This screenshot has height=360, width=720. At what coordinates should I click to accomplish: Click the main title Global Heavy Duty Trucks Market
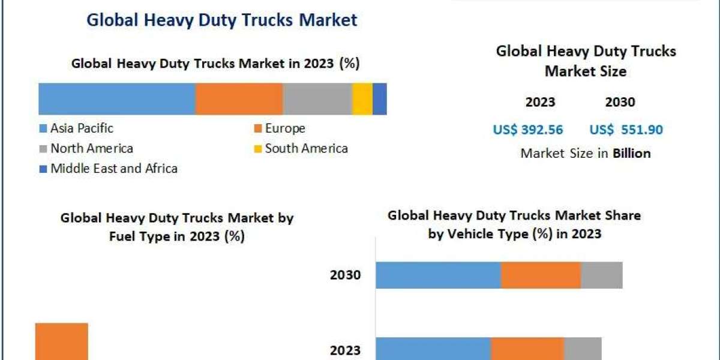[x=222, y=20]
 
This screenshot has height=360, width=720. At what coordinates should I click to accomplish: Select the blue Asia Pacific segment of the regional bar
[x=117, y=99]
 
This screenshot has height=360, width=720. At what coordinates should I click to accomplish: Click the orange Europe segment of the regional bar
[x=239, y=99]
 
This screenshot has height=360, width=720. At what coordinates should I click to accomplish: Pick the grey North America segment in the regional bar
[x=317, y=99]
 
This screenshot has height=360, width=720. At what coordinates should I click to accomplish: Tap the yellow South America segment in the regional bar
[x=362, y=99]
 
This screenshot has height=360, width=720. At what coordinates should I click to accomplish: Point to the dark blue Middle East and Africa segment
[x=380, y=99]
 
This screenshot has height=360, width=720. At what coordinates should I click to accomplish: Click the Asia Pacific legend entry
[x=81, y=128]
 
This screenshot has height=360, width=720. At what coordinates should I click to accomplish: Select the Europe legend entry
[x=284, y=128]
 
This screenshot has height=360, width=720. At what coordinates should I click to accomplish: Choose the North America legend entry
[x=91, y=148]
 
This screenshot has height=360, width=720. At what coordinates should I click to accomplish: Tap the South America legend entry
[x=305, y=148]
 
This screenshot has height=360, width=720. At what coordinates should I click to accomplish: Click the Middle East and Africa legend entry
[x=113, y=169]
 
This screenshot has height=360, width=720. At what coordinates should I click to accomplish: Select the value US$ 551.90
[x=626, y=130]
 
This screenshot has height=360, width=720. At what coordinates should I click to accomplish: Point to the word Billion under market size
[x=631, y=154]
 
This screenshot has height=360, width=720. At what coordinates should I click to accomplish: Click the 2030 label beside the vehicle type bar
[x=345, y=275]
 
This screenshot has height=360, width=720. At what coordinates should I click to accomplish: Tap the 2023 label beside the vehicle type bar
[x=345, y=350]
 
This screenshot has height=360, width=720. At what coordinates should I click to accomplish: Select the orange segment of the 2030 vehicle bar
[x=541, y=275]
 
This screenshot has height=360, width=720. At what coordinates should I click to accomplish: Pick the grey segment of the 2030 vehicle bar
[x=601, y=275]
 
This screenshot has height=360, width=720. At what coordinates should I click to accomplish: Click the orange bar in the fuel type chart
[x=62, y=342]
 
